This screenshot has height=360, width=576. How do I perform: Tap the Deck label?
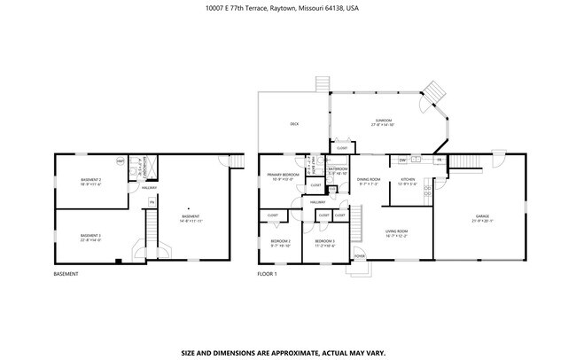pos(293,124)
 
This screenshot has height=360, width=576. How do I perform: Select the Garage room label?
pos(482,216)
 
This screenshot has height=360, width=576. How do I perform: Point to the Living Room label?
pos(395,234)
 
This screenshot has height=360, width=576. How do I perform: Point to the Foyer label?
pos(360,255)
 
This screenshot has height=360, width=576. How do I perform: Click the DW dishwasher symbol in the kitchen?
pos(402,160)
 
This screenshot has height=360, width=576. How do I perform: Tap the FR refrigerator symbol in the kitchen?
pos(438,160)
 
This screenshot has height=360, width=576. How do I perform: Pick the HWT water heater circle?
pos(121,160)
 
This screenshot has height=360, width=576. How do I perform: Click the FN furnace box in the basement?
pos(152,203)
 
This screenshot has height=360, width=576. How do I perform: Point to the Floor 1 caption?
pos(267,274)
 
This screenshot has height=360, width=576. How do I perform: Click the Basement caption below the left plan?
pos(66,274)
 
